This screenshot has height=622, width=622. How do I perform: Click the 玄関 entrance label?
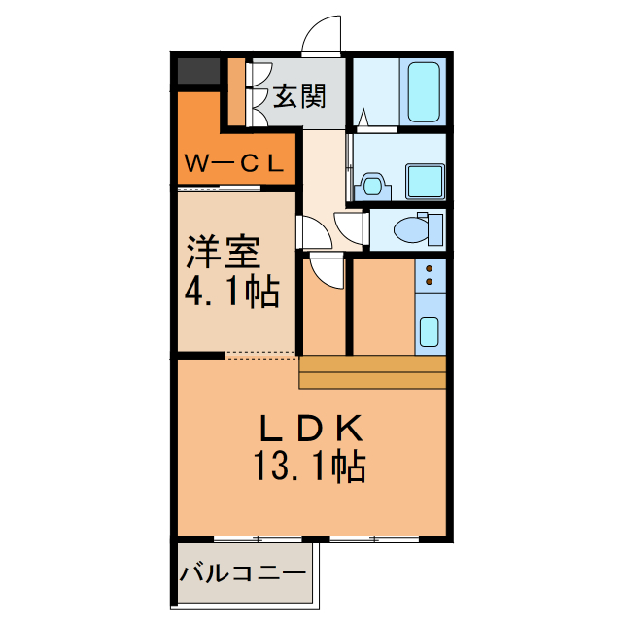[298, 95]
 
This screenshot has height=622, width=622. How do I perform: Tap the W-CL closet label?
[234, 164]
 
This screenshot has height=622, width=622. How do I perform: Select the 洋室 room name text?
[224, 253]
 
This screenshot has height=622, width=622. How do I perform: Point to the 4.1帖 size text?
[233, 291]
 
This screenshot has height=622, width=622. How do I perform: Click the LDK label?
[310, 429]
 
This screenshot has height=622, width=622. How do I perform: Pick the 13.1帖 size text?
[311, 467]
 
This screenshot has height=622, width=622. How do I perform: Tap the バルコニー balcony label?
[242, 573]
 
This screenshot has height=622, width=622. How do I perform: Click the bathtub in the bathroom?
[424, 92]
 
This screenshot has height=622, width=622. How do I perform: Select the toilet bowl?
[413, 229]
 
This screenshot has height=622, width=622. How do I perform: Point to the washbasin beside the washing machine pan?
[371, 184]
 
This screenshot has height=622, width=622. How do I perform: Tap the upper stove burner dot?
[429, 267]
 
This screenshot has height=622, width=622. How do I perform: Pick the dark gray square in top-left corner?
[198, 71]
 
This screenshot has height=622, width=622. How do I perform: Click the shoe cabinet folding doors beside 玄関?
[258, 94]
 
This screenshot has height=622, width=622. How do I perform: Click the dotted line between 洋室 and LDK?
[260, 354]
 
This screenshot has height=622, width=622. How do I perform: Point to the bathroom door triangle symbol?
[363, 119]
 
